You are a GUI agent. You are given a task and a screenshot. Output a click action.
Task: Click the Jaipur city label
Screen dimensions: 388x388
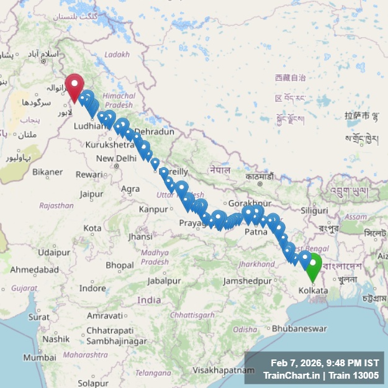pyautogui.click(x=91, y=194)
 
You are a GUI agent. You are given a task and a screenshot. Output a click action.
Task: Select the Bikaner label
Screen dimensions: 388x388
pyautogui.click(x=48, y=171)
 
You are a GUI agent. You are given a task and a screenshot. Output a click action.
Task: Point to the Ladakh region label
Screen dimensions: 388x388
pyautogui.click(x=117, y=55)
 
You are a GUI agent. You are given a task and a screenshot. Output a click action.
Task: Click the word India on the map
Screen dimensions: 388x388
pyautogui.click(x=149, y=300)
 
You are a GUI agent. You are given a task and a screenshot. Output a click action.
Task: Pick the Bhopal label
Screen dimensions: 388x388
pyautogui.click(x=119, y=265)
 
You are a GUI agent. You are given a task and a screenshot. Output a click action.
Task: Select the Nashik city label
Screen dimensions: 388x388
pyautogui.click(x=56, y=339)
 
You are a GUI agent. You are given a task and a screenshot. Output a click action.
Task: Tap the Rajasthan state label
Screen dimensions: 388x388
pyautogui.click(x=56, y=205)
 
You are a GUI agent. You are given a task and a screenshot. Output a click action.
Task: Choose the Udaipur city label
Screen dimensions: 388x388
pyautogui.click(x=53, y=252)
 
